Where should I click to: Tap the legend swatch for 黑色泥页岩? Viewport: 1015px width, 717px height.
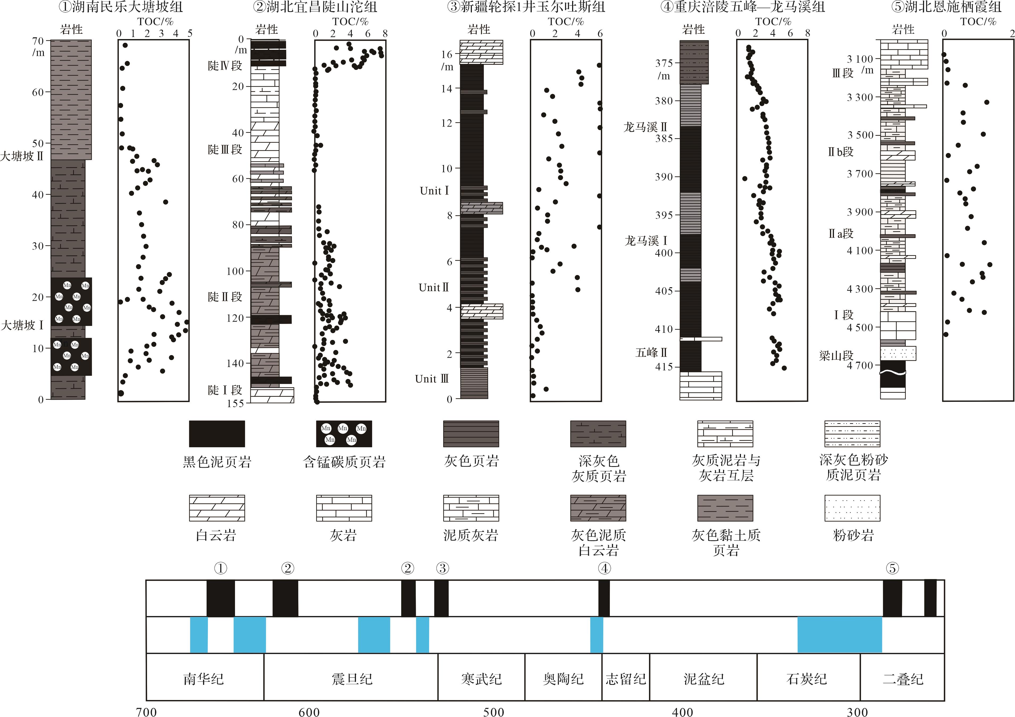(217, 434)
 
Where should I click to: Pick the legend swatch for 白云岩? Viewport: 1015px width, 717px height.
(217, 508)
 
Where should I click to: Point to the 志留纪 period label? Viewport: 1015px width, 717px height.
(626, 678)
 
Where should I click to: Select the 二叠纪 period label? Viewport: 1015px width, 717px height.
(903, 678)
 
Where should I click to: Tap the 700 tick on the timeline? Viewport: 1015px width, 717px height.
(146, 711)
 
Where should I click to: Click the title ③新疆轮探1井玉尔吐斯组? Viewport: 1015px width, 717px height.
(526, 7)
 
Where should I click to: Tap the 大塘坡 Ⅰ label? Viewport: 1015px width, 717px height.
(22, 325)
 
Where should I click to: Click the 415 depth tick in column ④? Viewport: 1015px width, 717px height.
(664, 367)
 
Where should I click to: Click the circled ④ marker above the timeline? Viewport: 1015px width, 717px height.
(604, 568)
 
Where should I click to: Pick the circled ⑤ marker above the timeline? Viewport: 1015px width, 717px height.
(892, 568)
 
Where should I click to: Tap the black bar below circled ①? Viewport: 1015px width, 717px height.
(221, 598)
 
